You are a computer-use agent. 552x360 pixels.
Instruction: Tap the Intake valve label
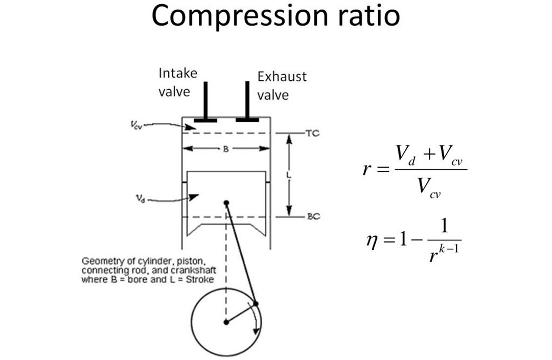tap(177, 82)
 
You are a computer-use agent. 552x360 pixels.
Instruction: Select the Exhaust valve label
tap(282, 86)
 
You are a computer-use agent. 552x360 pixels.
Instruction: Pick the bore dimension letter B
tap(225, 149)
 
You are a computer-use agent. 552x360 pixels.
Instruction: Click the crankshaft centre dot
tap(226, 322)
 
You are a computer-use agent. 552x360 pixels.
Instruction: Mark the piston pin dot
tap(226, 202)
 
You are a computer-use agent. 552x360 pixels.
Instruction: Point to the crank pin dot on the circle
tap(256, 304)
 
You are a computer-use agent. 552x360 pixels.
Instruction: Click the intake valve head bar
tap(205, 120)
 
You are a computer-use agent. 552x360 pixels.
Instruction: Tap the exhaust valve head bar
tap(247, 120)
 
